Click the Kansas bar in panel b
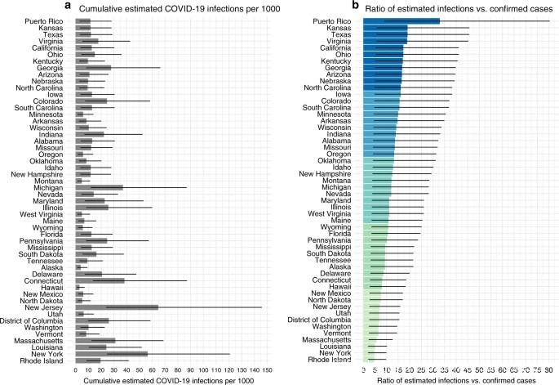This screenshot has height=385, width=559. coord(385,29)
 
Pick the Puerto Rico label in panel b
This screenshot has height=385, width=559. coord(338,21)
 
